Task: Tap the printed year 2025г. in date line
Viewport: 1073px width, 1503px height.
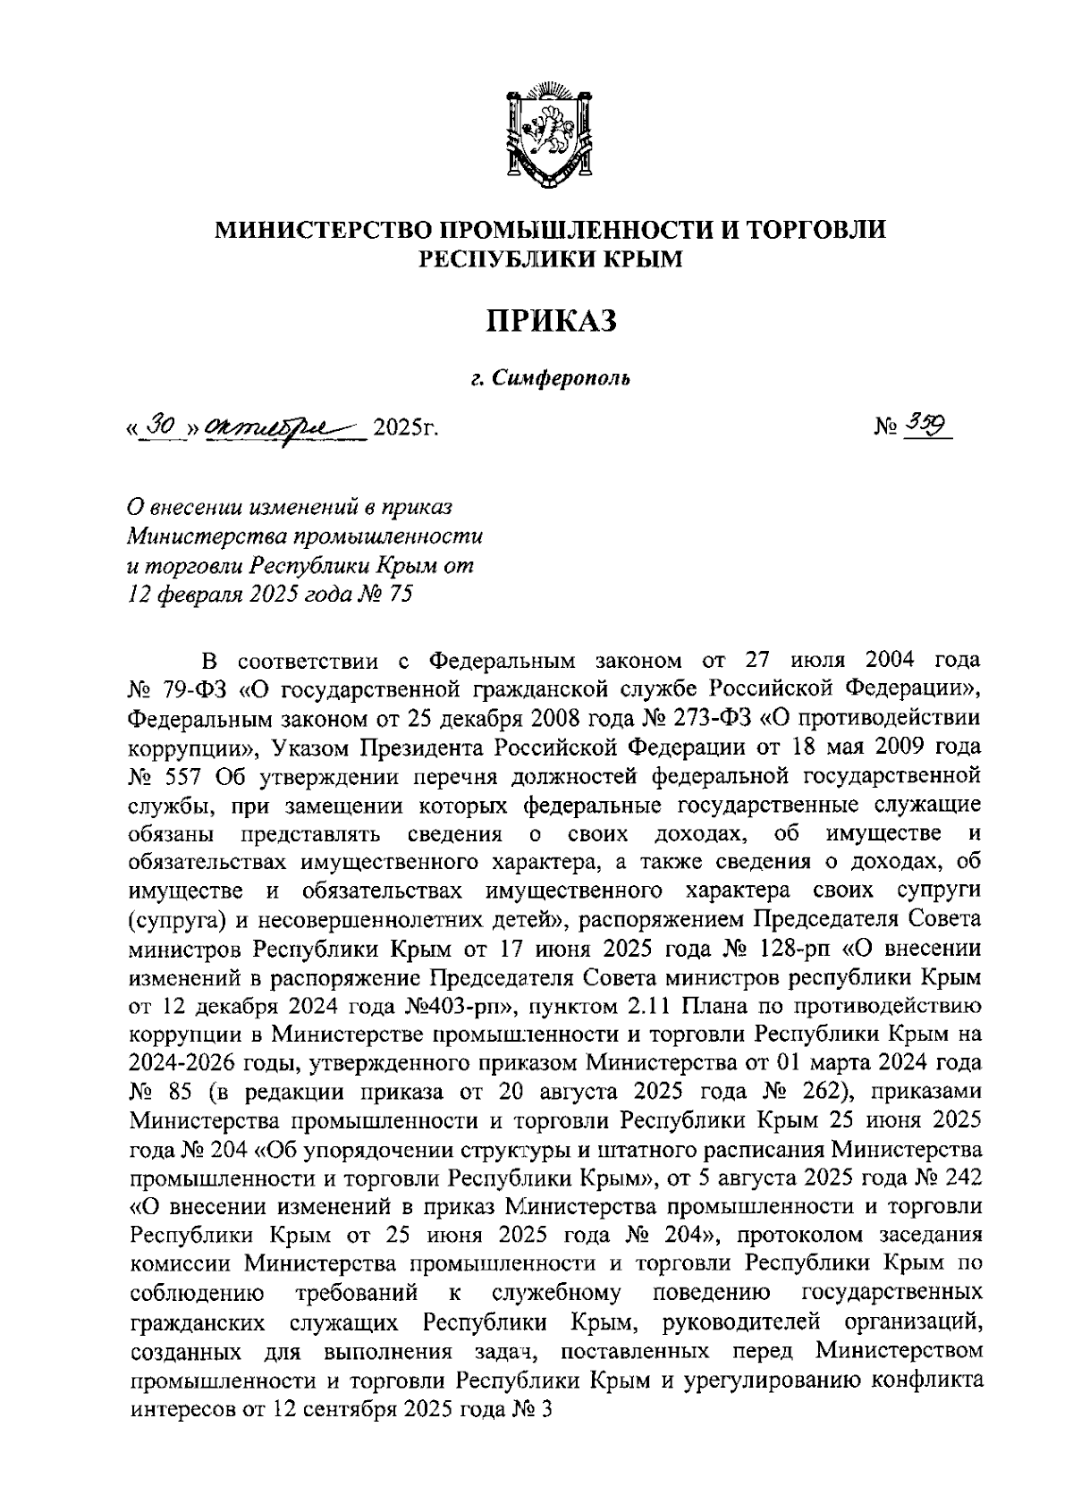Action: (405, 427)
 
